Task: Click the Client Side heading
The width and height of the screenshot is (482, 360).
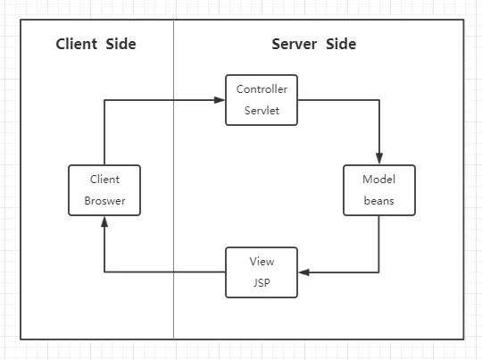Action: click(x=96, y=44)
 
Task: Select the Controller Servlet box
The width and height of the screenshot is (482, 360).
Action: click(x=261, y=100)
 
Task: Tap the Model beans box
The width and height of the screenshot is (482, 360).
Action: click(x=378, y=189)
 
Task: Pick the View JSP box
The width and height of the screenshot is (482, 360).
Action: click(x=261, y=272)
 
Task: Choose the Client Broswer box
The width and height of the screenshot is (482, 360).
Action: click(x=104, y=189)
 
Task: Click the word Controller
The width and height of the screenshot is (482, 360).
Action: click(x=262, y=89)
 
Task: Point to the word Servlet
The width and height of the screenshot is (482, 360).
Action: click(x=262, y=112)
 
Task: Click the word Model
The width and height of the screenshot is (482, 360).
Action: click(x=378, y=179)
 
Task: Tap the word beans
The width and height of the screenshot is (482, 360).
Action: click(x=378, y=201)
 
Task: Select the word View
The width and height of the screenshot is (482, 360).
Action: click(x=262, y=261)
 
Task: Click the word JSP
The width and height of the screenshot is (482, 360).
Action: click(x=262, y=283)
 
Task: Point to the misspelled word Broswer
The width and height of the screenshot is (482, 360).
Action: click(x=104, y=201)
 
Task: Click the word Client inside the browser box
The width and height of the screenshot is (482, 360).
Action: click(x=104, y=179)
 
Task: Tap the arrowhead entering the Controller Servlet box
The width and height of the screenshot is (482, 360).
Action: click(x=219, y=100)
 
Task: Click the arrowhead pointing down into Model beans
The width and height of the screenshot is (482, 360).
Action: click(x=379, y=158)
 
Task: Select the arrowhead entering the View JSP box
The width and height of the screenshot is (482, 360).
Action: click(x=303, y=272)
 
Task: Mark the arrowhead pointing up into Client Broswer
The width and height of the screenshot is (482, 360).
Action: click(x=104, y=222)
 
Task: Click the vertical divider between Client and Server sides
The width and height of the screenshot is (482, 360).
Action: click(x=173, y=179)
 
